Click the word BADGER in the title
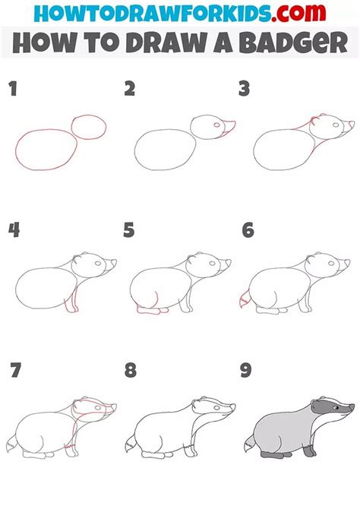click(x=295, y=43)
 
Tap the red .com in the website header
click(x=298, y=13)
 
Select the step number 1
click(x=13, y=89)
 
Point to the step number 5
click(x=129, y=230)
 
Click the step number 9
click(x=246, y=370)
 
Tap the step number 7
click(x=15, y=370)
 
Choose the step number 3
click(x=244, y=89)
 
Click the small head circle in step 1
click(x=89, y=127)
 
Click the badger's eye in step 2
click(x=216, y=125)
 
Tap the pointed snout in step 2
click(x=229, y=127)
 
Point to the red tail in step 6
click(x=244, y=299)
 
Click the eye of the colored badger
click(x=336, y=407)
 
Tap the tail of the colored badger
click(x=250, y=444)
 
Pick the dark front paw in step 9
click(x=310, y=451)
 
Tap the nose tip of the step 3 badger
click(x=353, y=123)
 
